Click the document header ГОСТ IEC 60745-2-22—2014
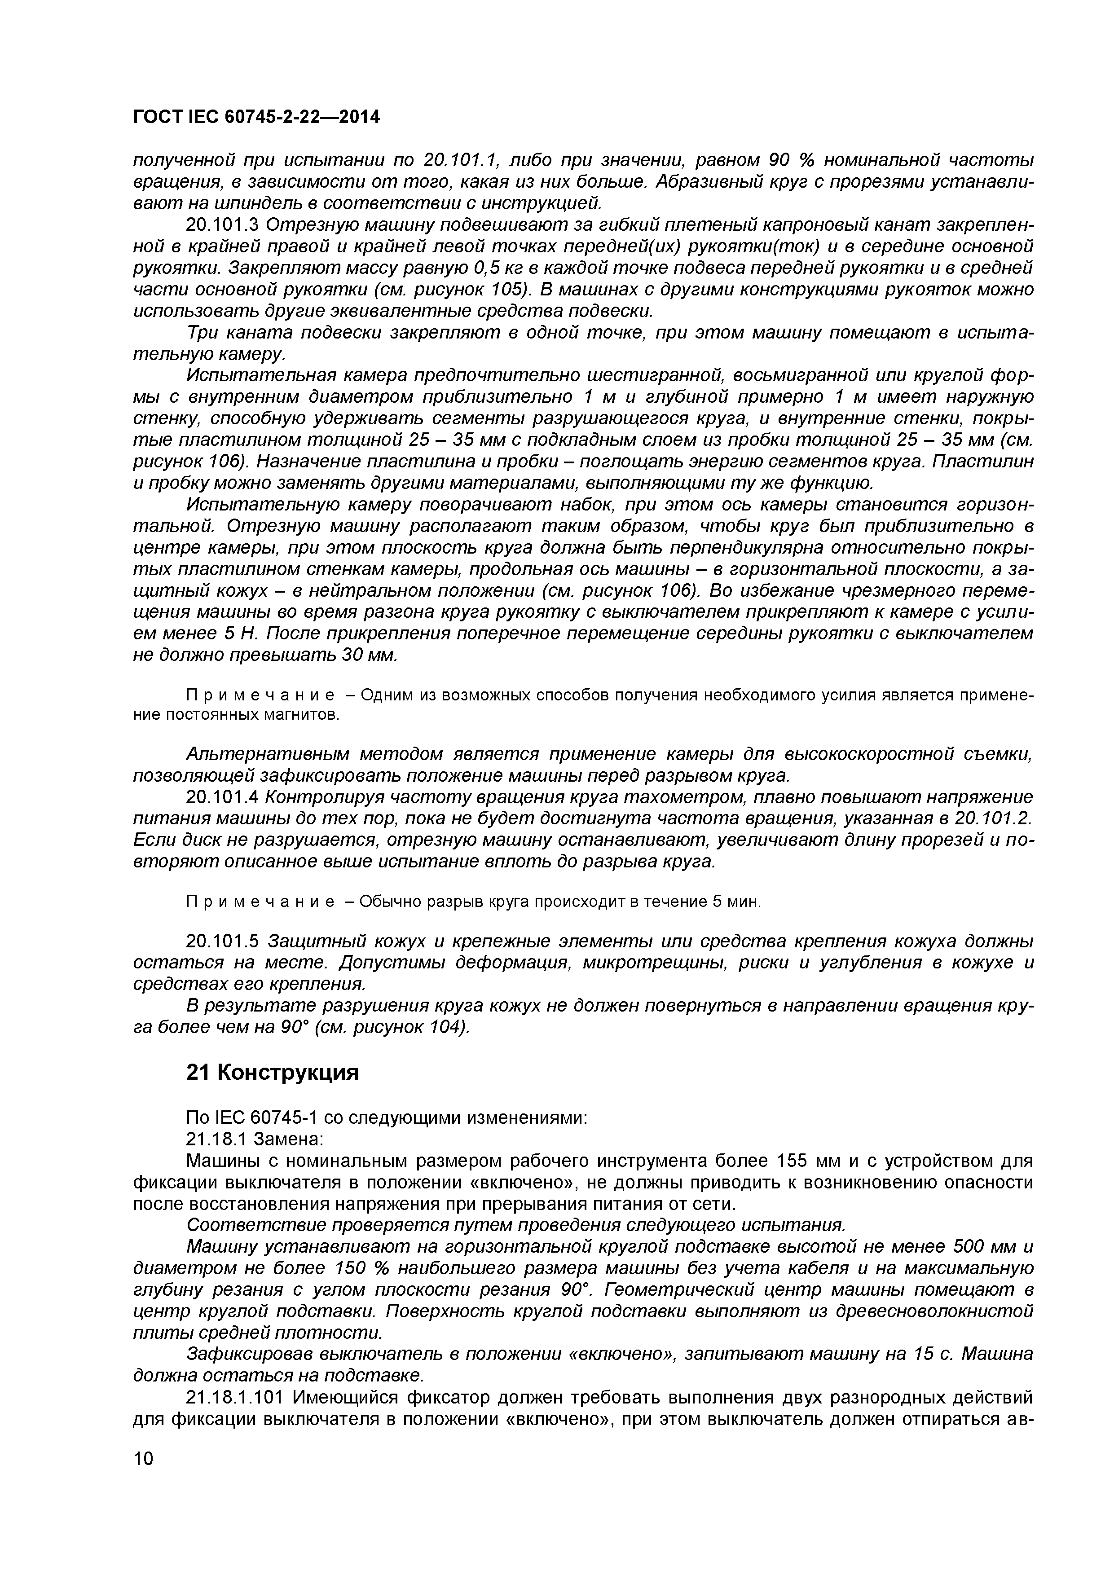pos(256,117)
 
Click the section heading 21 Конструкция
pos(273,1072)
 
